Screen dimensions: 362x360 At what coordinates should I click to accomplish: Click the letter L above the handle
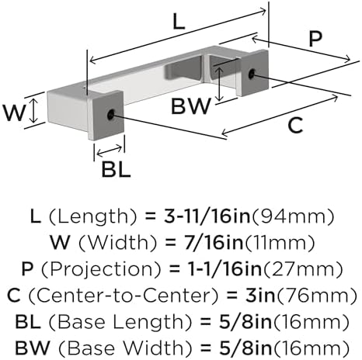(x=179, y=21)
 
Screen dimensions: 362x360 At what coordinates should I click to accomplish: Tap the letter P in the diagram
(x=315, y=39)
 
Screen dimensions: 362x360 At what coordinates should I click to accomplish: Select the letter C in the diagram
(x=295, y=125)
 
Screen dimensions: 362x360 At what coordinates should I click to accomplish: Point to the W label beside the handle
(x=14, y=112)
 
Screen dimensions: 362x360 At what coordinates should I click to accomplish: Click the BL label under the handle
(x=116, y=169)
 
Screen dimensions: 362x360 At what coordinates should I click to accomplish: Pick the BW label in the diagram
(x=191, y=106)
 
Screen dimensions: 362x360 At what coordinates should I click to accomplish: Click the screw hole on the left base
(x=111, y=114)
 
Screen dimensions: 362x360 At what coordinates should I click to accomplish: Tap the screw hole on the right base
(x=252, y=74)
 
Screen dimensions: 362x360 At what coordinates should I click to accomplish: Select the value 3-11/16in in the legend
(x=207, y=216)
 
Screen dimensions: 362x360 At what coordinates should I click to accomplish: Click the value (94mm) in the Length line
(x=293, y=216)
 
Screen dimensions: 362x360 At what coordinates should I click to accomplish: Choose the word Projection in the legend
(x=101, y=269)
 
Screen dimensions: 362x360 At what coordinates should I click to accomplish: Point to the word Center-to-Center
(x=124, y=296)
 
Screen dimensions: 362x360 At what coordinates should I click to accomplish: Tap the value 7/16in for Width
(x=214, y=243)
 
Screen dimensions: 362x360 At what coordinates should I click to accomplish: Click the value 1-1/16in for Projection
(x=224, y=269)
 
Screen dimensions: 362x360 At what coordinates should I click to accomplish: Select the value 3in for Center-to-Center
(x=260, y=296)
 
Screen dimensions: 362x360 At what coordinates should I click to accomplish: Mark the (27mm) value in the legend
(x=303, y=269)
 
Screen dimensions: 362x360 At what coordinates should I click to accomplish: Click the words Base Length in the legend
(x=120, y=322)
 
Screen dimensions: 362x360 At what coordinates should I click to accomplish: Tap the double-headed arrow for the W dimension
(x=33, y=111)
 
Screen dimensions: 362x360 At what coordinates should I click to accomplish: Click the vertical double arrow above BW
(x=220, y=84)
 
